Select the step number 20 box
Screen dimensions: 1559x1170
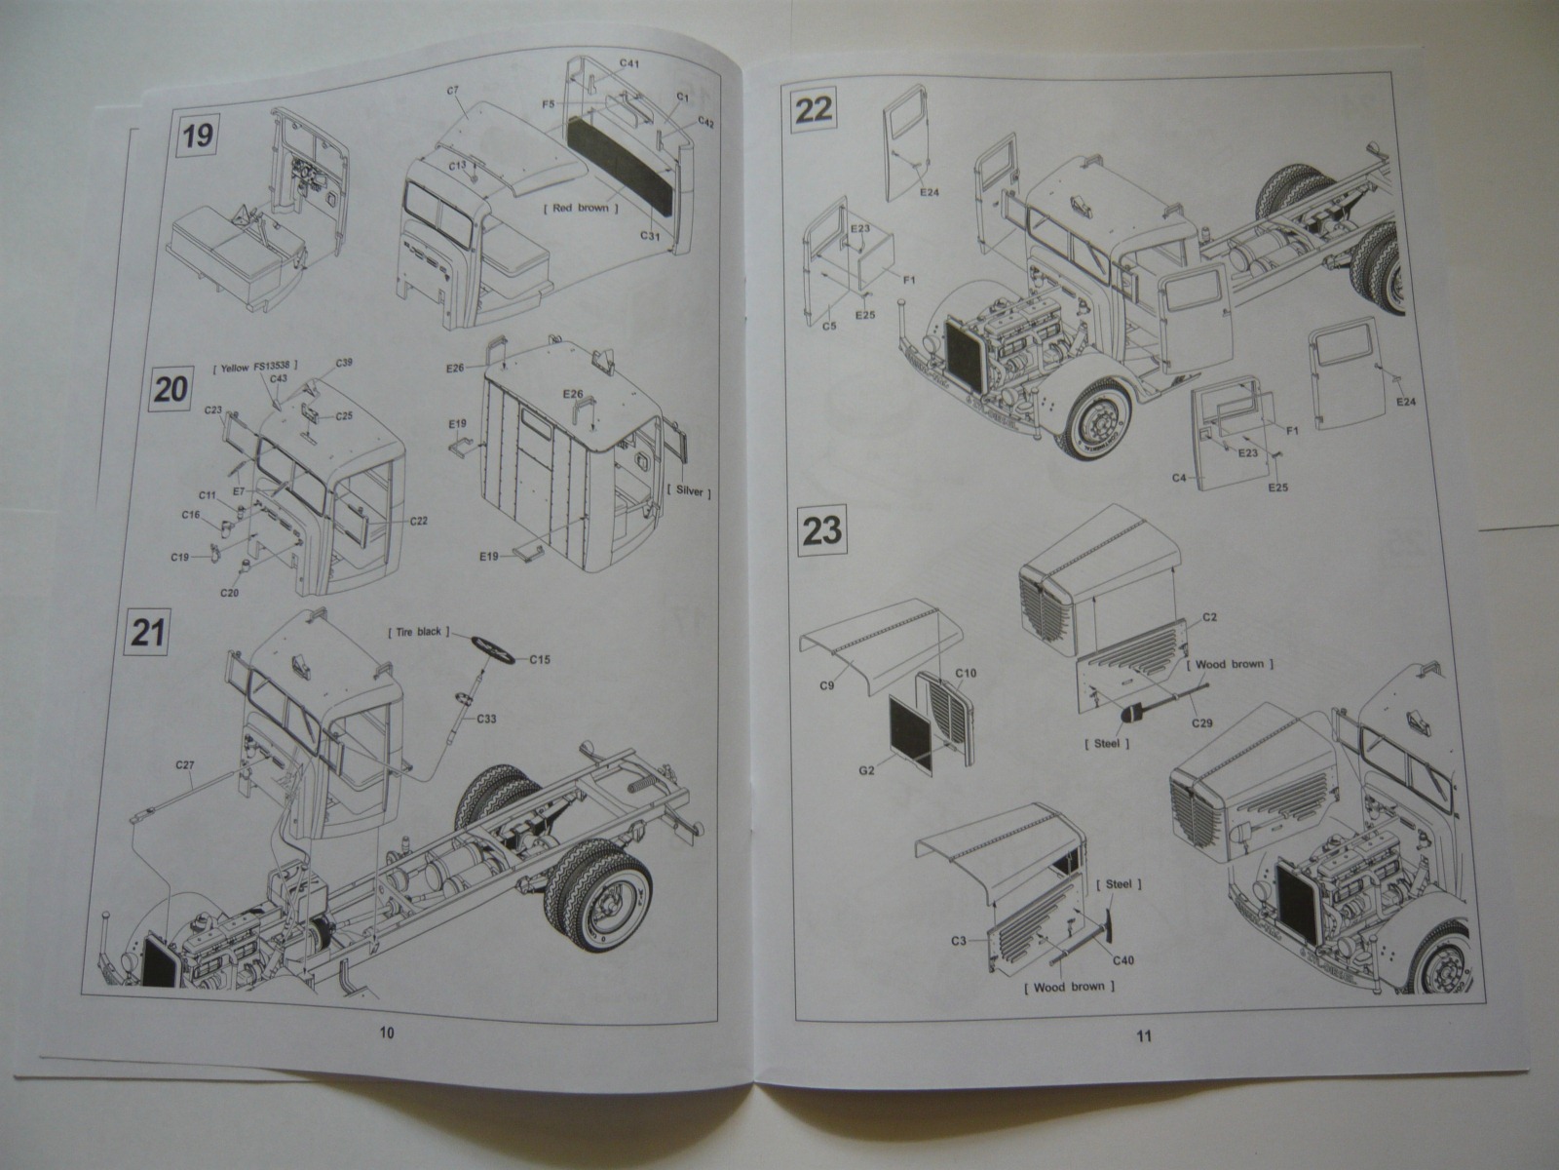(171, 390)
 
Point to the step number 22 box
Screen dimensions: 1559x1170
(815, 109)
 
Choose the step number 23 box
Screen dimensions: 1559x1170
(820, 532)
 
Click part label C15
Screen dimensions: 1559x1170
(541, 660)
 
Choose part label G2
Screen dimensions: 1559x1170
(864, 769)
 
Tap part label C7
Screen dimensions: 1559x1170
(453, 90)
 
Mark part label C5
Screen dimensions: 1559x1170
(830, 326)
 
